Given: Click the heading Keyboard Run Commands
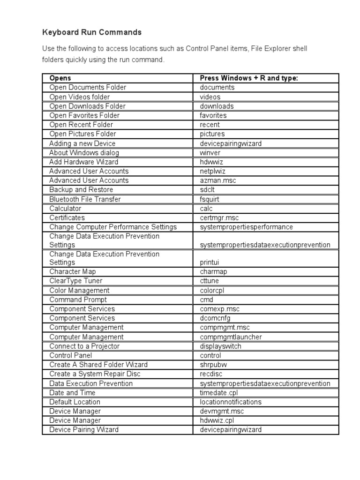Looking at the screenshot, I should click(92, 32).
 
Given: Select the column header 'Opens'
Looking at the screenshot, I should click(60, 78).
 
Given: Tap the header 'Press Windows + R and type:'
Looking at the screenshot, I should click(248, 78).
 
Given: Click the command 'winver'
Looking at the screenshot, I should click(210, 153).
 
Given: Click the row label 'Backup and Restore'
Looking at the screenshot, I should click(81, 190).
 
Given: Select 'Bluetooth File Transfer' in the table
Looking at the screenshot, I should click(85, 199).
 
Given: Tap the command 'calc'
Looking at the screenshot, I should click(206, 209).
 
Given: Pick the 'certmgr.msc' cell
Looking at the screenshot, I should click(219, 218).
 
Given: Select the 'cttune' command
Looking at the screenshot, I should click(209, 281).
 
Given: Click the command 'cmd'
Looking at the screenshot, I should click(206, 300).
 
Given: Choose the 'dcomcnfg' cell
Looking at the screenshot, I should click(215, 318).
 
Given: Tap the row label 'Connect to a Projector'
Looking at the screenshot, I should click(84, 346).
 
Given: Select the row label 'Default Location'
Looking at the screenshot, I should click(75, 402).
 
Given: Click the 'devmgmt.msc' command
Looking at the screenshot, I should click(221, 411).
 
